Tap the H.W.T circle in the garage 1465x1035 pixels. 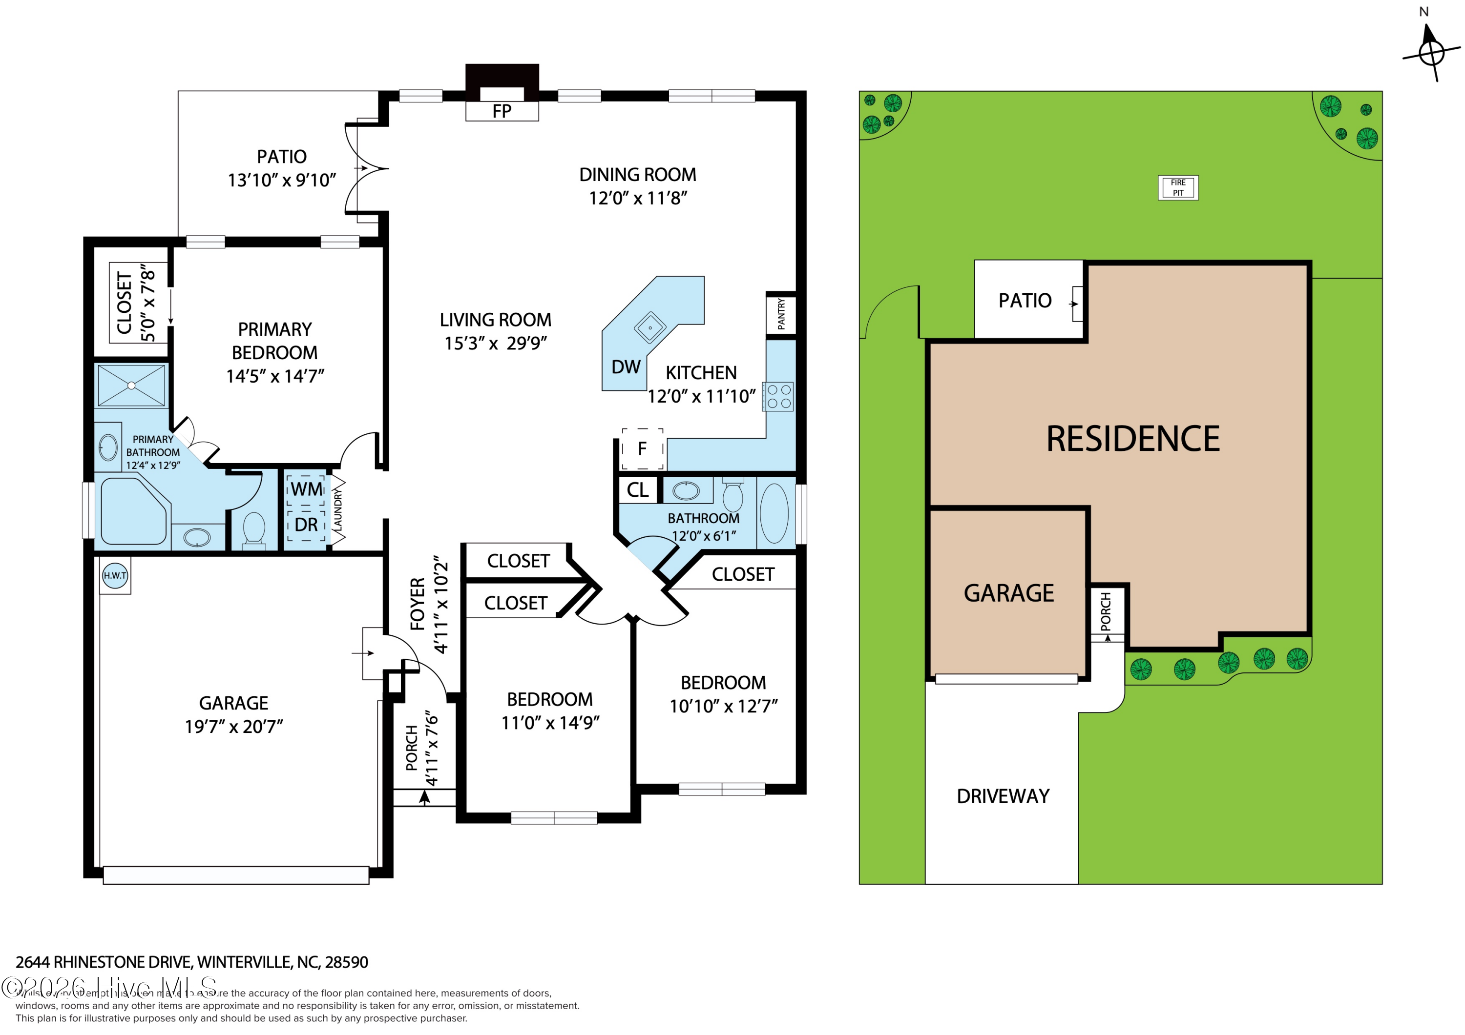115,575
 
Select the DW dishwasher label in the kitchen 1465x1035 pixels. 625,367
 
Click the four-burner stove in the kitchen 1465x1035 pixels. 778,396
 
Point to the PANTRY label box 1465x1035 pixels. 781,314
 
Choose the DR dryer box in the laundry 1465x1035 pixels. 306,525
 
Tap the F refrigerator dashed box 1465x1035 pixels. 643,449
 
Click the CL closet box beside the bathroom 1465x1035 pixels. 637,490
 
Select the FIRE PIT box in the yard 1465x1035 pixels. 1178,187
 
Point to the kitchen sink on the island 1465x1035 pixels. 649,328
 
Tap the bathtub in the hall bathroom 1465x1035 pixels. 774,513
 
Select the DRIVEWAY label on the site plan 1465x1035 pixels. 1003,796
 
